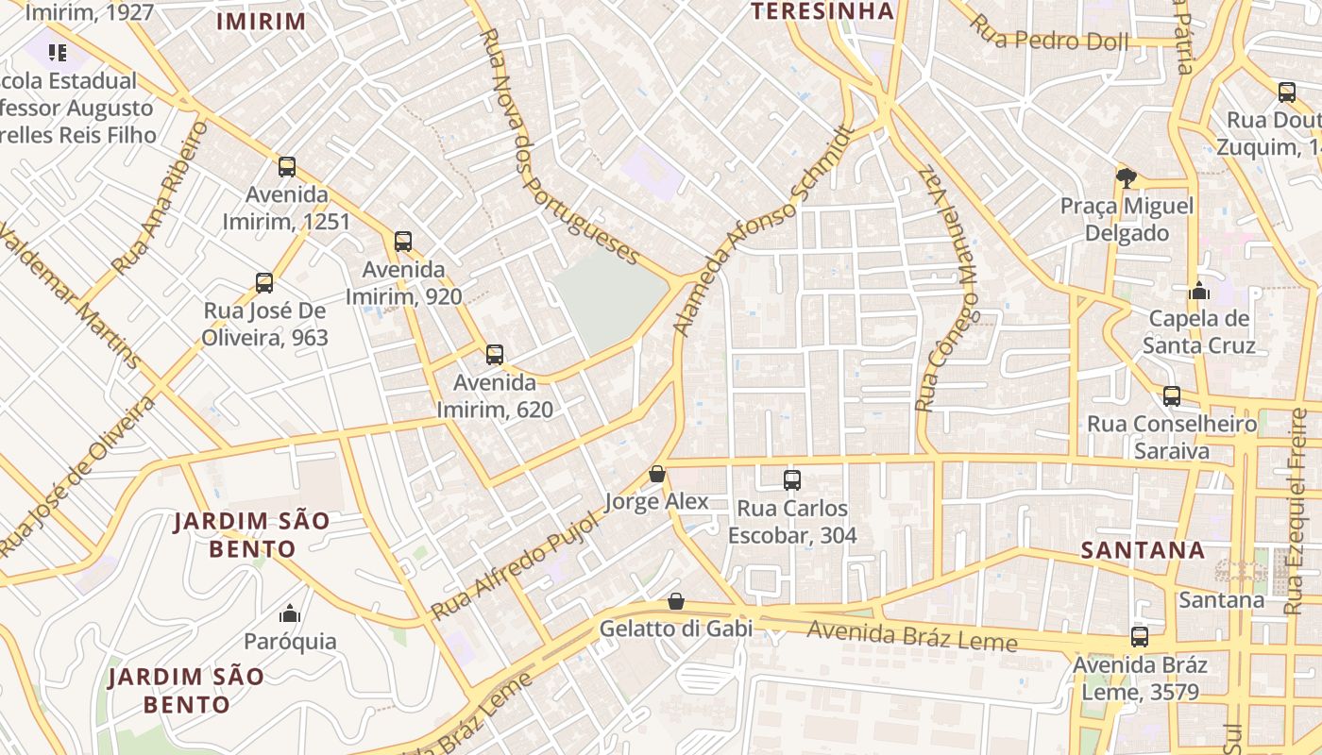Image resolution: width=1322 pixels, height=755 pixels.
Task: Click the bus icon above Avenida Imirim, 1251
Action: click(287, 167)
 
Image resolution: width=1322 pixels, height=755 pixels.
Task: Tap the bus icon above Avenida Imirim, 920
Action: click(403, 242)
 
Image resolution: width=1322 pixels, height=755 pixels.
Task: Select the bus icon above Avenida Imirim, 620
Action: click(495, 355)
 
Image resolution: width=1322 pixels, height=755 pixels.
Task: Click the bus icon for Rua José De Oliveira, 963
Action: click(264, 283)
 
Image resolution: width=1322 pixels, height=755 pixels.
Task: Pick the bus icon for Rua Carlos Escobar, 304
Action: click(792, 480)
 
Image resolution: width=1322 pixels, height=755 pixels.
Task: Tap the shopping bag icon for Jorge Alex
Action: click(657, 474)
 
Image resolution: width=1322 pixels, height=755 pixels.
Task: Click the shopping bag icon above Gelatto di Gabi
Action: click(676, 601)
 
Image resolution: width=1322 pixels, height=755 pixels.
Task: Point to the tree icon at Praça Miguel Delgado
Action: click(1126, 177)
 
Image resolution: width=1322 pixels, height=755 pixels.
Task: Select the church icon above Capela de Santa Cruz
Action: click(1199, 291)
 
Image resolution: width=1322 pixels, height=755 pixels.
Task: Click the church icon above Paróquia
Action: click(290, 614)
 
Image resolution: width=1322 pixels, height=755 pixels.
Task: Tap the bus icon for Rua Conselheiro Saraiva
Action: click(1172, 396)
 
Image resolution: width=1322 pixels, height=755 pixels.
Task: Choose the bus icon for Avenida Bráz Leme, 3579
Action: click(1140, 637)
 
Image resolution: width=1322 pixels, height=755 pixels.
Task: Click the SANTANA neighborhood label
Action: click(1143, 550)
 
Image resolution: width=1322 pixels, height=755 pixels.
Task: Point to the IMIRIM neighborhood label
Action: click(262, 22)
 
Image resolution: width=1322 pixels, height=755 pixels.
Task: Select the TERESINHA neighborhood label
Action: click(822, 11)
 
